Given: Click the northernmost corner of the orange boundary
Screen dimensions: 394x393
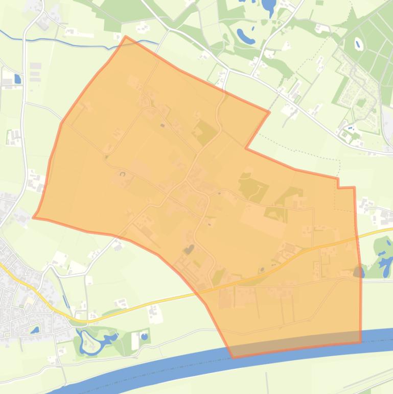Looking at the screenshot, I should click(126, 36).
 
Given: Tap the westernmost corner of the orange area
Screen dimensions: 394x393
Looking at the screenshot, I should click(34, 217).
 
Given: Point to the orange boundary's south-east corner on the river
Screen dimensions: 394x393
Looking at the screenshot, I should click(360, 342).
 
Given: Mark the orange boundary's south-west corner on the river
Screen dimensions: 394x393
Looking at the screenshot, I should click(233, 357).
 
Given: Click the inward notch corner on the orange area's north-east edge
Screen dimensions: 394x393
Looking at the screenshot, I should click(246, 149).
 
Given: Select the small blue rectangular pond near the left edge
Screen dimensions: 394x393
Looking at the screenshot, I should click(18, 79).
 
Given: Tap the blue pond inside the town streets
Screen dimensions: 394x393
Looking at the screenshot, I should click(35, 330).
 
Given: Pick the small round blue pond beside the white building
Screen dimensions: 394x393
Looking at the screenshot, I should click(144, 337).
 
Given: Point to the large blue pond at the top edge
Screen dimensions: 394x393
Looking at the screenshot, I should click(268, 6).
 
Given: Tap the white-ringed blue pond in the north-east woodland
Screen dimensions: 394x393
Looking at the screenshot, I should click(358, 44).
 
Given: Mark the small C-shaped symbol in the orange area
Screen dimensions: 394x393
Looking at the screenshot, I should click(123, 174).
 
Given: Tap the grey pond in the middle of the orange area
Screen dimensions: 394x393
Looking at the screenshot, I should click(189, 249).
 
